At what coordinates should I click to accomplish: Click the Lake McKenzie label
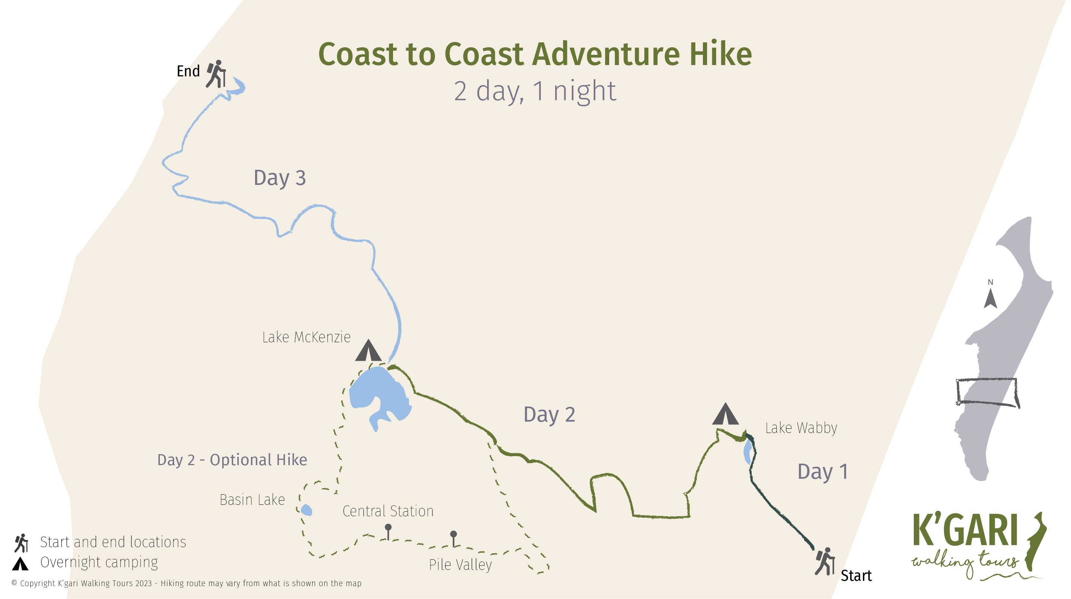[x=306, y=337]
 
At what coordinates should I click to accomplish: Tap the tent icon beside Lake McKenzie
[x=368, y=351]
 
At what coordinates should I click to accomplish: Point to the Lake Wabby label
[x=801, y=428]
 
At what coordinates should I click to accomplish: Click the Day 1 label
[x=822, y=472]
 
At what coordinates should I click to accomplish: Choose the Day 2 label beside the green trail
[x=549, y=415]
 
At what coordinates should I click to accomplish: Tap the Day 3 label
[x=279, y=178]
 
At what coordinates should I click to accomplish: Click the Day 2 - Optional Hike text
[x=232, y=460]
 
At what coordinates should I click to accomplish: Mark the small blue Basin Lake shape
[x=306, y=510]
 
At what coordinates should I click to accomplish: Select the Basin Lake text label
[x=252, y=500]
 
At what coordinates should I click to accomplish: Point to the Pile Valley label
[x=460, y=565]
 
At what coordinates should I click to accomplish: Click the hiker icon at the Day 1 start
[x=825, y=562]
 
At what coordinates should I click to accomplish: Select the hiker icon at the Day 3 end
[x=216, y=74]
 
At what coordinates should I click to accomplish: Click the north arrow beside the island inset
[x=991, y=298]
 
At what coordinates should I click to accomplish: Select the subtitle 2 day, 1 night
[x=535, y=91]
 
